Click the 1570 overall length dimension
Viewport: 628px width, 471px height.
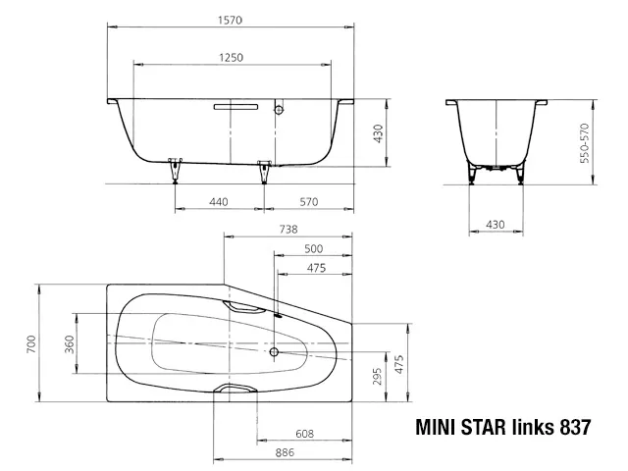(x=232, y=18)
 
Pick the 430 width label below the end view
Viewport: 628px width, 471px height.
(x=496, y=226)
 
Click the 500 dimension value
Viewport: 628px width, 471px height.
(x=314, y=248)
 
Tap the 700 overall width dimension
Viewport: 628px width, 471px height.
(x=31, y=343)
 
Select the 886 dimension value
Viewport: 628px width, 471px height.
(x=287, y=453)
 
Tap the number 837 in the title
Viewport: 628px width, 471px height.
(x=572, y=427)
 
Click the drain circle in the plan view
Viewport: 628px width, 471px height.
(x=274, y=350)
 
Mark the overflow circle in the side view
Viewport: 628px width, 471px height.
(x=279, y=111)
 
